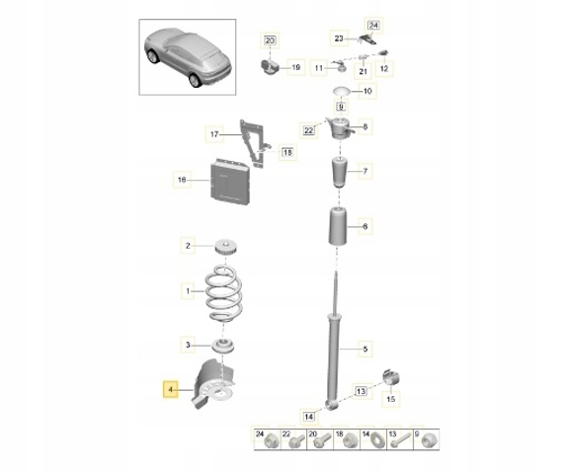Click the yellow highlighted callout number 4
point(171,390)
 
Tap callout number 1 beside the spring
point(188,290)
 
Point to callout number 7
point(365,171)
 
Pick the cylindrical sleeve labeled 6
point(338,226)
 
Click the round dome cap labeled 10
point(341,91)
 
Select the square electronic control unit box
point(229,181)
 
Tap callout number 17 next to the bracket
point(214,134)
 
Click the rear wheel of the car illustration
point(195,80)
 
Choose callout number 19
point(295,67)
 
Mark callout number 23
point(339,38)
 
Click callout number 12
point(384,68)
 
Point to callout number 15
point(391,399)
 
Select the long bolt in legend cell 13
point(400,440)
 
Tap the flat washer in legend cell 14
point(376,440)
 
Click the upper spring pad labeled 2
point(225,248)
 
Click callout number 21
point(364,71)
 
